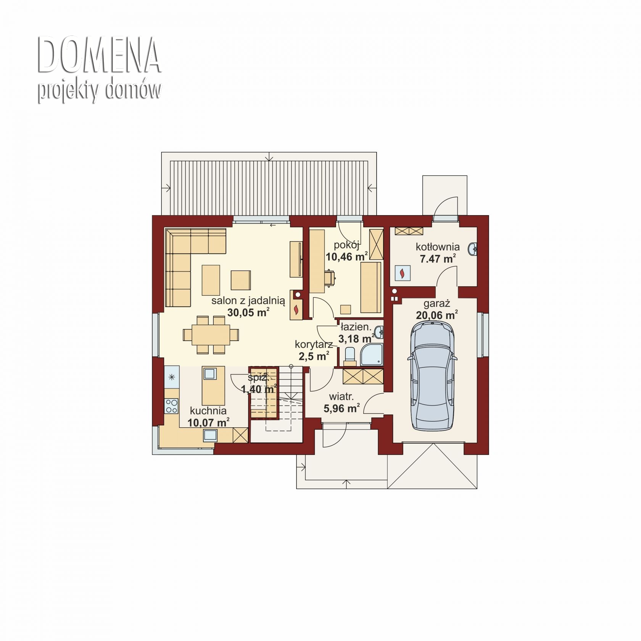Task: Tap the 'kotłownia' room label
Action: [438, 246]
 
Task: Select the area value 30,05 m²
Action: [248, 312]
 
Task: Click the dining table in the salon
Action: [211, 335]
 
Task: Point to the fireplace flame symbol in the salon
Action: [297, 308]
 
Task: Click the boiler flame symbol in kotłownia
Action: [403, 273]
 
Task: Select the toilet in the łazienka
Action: [349, 355]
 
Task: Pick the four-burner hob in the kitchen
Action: [171, 406]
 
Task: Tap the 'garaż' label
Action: [437, 304]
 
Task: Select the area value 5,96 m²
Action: [341, 409]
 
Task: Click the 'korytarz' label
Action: [314, 345]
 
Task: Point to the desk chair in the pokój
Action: [331, 277]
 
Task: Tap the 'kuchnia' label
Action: [208, 411]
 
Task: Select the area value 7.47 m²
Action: [438, 259]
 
